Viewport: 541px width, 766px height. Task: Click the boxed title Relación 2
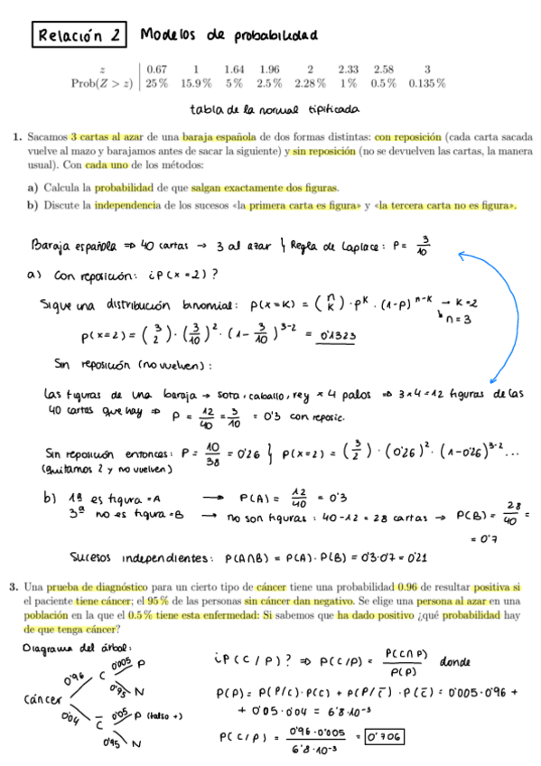79,36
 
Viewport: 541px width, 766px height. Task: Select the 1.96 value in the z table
268,69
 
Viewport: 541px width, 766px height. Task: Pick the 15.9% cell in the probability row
196,83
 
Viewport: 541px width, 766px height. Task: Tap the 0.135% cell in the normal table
426,83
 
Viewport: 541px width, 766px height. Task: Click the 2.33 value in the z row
348,69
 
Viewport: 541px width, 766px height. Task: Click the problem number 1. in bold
18,137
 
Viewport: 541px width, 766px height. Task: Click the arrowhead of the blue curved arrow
462,257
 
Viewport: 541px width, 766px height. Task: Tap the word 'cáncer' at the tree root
40,700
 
